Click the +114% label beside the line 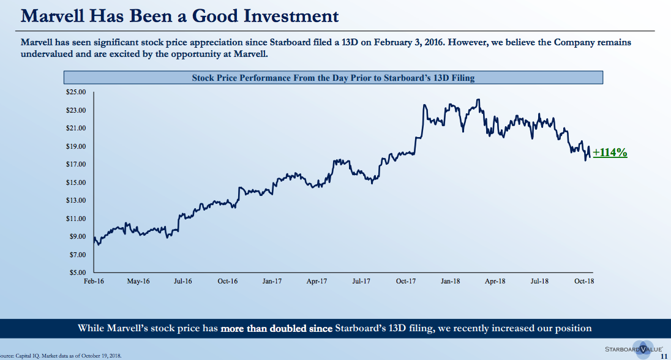610,153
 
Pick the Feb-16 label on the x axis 94,282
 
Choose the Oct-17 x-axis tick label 406,282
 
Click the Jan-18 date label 451,282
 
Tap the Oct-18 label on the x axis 584,282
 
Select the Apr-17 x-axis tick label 317,282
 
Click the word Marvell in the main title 53,15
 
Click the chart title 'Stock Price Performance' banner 334,78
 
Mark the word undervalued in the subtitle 47,54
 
